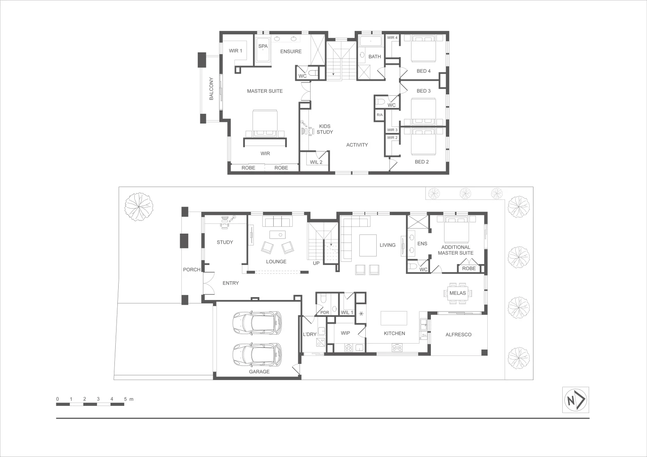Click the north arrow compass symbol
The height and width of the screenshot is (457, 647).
575,400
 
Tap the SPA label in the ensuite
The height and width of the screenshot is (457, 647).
263,46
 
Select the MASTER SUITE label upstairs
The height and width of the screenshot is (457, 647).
264,91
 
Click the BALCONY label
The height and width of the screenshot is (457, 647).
211,88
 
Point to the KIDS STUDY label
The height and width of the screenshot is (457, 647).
325,129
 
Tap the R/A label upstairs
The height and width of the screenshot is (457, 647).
380,115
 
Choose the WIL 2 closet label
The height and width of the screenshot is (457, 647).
316,162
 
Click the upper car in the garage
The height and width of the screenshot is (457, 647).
257,323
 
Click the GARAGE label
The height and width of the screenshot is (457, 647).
259,372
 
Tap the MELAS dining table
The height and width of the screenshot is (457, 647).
458,293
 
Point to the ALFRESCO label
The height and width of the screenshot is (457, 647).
458,334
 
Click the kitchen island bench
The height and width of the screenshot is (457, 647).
394,317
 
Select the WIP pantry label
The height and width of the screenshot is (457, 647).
345,333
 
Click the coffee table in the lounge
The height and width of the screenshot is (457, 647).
278,234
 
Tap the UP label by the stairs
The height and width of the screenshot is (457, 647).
316,263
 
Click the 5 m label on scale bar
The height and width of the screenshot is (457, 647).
128,399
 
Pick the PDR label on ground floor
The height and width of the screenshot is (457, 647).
325,313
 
